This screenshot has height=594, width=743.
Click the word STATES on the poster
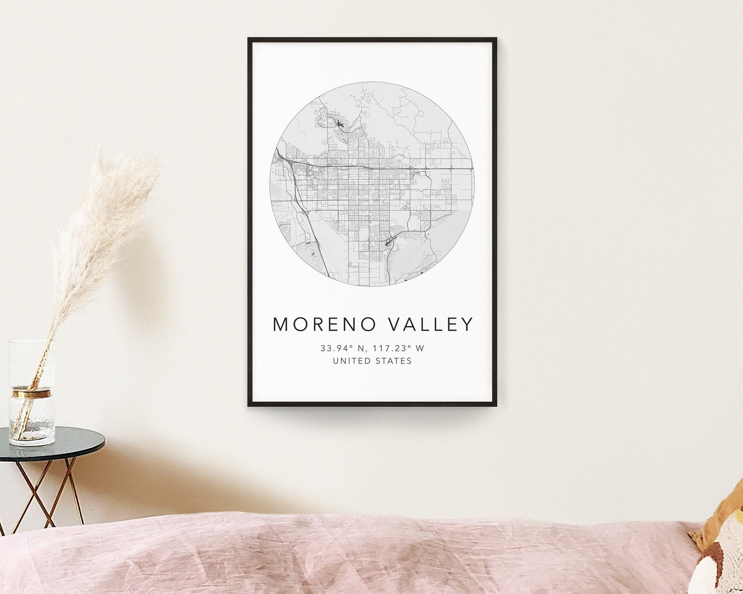tap(395, 361)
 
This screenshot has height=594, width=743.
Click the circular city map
tap(372, 196)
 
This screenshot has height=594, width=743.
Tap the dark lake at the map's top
tap(339, 124)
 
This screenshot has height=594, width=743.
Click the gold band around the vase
tap(32, 393)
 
